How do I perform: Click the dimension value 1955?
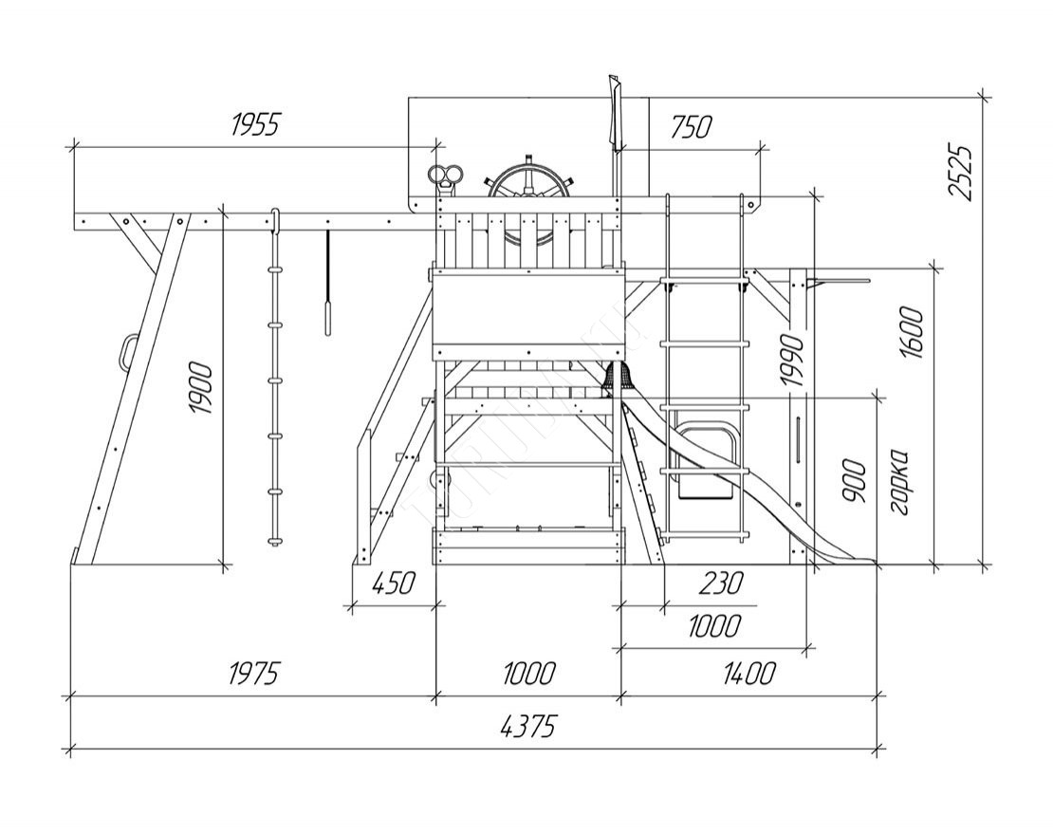(256, 123)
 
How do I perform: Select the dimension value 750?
(692, 126)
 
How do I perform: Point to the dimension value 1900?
(200, 387)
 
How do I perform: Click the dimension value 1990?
(793, 361)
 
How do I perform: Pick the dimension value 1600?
(912, 332)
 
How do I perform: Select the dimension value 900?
(853, 482)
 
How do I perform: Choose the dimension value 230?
(720, 583)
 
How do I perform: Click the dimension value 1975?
(254, 674)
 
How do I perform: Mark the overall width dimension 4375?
(526, 727)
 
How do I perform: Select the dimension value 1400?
(748, 674)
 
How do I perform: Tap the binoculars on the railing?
(445, 176)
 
